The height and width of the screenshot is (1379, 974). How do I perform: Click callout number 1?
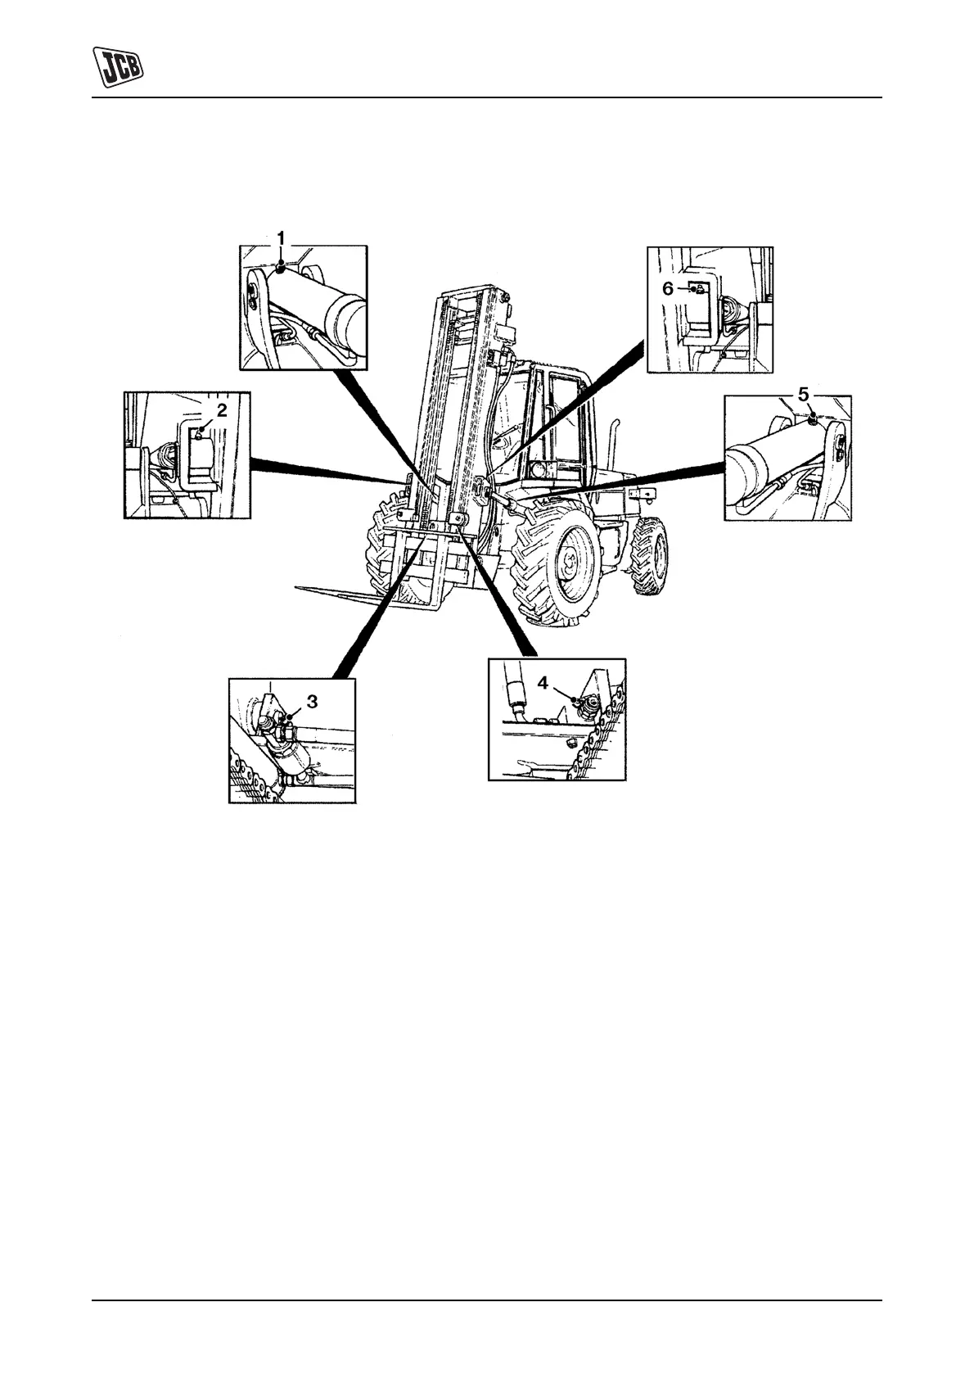(281, 237)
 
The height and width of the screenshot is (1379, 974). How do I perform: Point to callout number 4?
(543, 681)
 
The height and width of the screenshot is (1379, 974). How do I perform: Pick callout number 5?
(804, 395)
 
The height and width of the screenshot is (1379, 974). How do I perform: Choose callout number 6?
(667, 288)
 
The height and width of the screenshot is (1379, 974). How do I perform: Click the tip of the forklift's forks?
(300, 587)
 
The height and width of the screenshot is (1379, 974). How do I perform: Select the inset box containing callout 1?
(304, 307)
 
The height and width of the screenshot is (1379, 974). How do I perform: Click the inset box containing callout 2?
(187, 454)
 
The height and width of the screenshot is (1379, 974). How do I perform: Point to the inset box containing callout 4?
(557, 719)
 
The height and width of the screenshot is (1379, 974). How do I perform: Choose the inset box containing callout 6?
(710, 310)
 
